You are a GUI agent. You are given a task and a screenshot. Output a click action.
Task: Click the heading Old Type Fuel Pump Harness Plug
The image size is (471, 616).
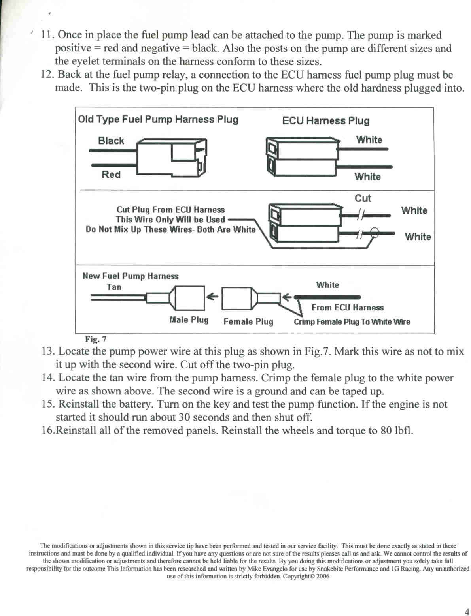pyautogui.click(x=158, y=119)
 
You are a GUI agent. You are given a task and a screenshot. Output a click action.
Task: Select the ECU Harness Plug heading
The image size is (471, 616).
pyautogui.click(x=325, y=121)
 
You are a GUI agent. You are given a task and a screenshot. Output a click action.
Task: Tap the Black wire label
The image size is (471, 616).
pyautogui.click(x=111, y=141)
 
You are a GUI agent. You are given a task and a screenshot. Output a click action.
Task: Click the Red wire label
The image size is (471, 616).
pyautogui.click(x=111, y=174)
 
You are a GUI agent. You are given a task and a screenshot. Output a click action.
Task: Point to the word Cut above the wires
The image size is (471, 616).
pyautogui.click(x=363, y=198)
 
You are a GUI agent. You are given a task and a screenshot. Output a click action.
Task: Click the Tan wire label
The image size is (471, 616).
pyautogui.click(x=114, y=287)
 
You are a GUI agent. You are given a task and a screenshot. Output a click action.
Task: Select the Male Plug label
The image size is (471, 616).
pyautogui.click(x=189, y=319)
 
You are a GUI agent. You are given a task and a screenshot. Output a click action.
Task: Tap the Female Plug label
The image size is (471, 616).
pyautogui.click(x=248, y=321)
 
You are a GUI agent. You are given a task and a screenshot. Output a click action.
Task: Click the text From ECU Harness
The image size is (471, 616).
pyautogui.click(x=347, y=308)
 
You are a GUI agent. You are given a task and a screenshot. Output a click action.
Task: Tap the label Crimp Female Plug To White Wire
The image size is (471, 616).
pyautogui.click(x=352, y=322)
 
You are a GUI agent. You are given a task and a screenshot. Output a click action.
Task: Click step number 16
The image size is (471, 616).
pyautogui.click(x=48, y=430)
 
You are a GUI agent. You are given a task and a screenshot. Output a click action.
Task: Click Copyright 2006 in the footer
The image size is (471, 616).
pyautogui.click(x=306, y=576)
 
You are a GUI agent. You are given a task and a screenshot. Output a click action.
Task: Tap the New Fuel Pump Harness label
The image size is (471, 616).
pyautogui.click(x=131, y=276)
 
